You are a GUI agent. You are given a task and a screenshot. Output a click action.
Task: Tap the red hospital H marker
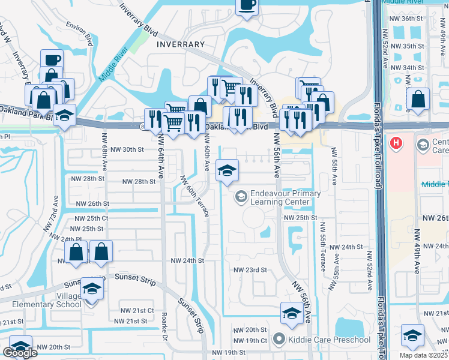(396, 143)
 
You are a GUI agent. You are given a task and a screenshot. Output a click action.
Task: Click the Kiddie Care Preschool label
(322, 340)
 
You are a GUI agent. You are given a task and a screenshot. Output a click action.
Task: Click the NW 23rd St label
(251, 270)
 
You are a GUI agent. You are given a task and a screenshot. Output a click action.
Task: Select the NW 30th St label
(127, 149)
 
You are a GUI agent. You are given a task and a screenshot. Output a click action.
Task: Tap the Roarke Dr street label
(164, 326)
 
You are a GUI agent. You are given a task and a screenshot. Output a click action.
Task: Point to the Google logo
(20, 353)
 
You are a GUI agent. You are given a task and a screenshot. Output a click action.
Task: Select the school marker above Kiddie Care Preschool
(292, 313)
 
